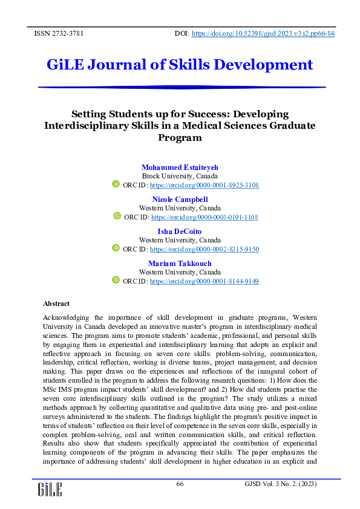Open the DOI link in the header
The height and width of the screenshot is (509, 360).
pos(263,34)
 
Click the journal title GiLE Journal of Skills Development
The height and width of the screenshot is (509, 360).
pos(180,64)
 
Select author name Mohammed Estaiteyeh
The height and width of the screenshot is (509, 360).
pos(180,167)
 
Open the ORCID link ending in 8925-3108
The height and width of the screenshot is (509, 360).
pos(205,184)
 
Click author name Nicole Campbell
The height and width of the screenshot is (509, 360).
pos(180,199)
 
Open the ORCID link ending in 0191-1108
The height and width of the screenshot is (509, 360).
pos(205,216)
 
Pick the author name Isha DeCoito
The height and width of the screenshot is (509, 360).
pos(180,231)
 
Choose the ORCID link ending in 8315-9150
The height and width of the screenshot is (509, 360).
pos(205,248)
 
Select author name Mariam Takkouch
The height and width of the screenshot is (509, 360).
pos(180,263)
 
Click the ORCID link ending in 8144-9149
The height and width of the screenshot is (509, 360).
pos(205,281)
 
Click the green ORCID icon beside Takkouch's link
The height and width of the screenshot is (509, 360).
pos(116,280)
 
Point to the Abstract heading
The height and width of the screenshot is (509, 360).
pos(56,303)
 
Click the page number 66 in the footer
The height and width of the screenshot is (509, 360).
pos(180,484)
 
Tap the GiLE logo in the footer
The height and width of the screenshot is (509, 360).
pos(50,489)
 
